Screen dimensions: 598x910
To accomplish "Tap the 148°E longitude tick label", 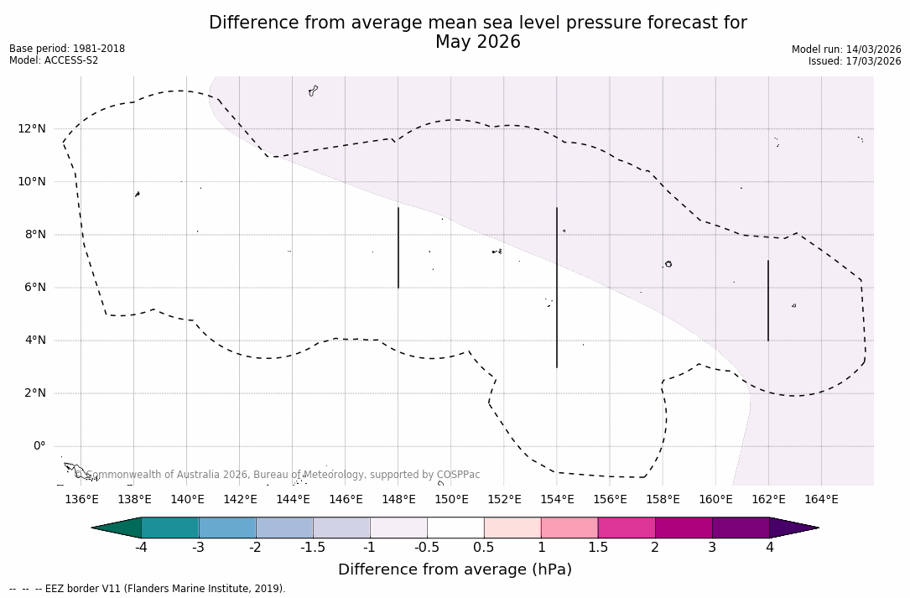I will (398, 500).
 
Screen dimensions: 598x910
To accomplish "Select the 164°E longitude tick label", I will (821, 500).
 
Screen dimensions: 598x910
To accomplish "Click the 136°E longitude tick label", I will (81, 500).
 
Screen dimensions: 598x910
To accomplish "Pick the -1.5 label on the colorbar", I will (313, 548).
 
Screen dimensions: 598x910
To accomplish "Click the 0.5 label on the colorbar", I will (484, 548).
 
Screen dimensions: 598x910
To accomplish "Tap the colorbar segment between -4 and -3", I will (170, 528).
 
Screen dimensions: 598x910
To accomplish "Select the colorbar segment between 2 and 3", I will (684, 528).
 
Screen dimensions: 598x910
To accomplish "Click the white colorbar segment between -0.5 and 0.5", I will (455, 528).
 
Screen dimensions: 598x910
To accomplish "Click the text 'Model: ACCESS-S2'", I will (54, 60).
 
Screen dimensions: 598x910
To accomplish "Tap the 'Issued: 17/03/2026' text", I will (855, 61).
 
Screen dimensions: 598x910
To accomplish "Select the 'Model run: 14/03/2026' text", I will (846, 49).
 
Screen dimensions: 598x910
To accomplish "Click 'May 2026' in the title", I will (477, 42).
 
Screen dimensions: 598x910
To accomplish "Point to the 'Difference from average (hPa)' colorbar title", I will (455, 569).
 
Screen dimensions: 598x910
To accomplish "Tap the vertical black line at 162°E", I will (768, 300).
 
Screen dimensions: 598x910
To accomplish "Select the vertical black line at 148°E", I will (398, 247).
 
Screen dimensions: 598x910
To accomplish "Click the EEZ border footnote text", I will (148, 589).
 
